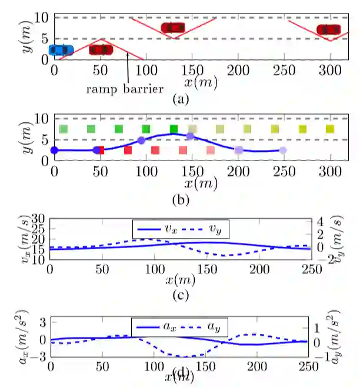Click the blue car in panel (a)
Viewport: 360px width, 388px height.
[x=61, y=50]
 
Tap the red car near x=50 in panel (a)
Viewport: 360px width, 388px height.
[x=101, y=49]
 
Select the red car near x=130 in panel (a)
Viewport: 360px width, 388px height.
[x=172, y=28]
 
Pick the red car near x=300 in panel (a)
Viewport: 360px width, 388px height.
[x=328, y=29]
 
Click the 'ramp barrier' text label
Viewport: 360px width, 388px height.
[x=123, y=89]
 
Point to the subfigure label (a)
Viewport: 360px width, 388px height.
[x=180, y=99]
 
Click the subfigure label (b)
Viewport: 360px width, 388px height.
[x=180, y=200]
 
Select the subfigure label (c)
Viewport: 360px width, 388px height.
[x=180, y=294]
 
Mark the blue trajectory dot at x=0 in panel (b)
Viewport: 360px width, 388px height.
[x=55, y=150]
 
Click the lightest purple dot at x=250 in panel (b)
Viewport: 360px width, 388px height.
[x=283, y=150]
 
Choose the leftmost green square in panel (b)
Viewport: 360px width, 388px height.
[x=64, y=129]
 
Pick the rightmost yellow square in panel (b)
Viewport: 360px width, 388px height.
[x=330, y=129]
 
